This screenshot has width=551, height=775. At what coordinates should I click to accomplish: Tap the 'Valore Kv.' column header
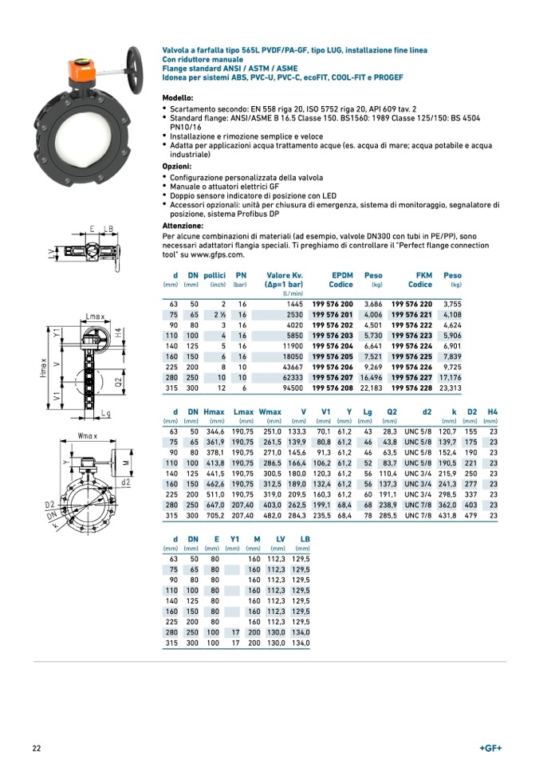(x=285, y=275)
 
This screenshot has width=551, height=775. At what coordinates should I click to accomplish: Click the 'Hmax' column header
(x=214, y=411)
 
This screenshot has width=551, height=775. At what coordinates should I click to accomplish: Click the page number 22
(x=37, y=748)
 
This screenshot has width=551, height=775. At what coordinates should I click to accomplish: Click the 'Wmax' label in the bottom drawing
(x=88, y=435)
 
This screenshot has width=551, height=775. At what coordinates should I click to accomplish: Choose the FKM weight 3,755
(x=451, y=304)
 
